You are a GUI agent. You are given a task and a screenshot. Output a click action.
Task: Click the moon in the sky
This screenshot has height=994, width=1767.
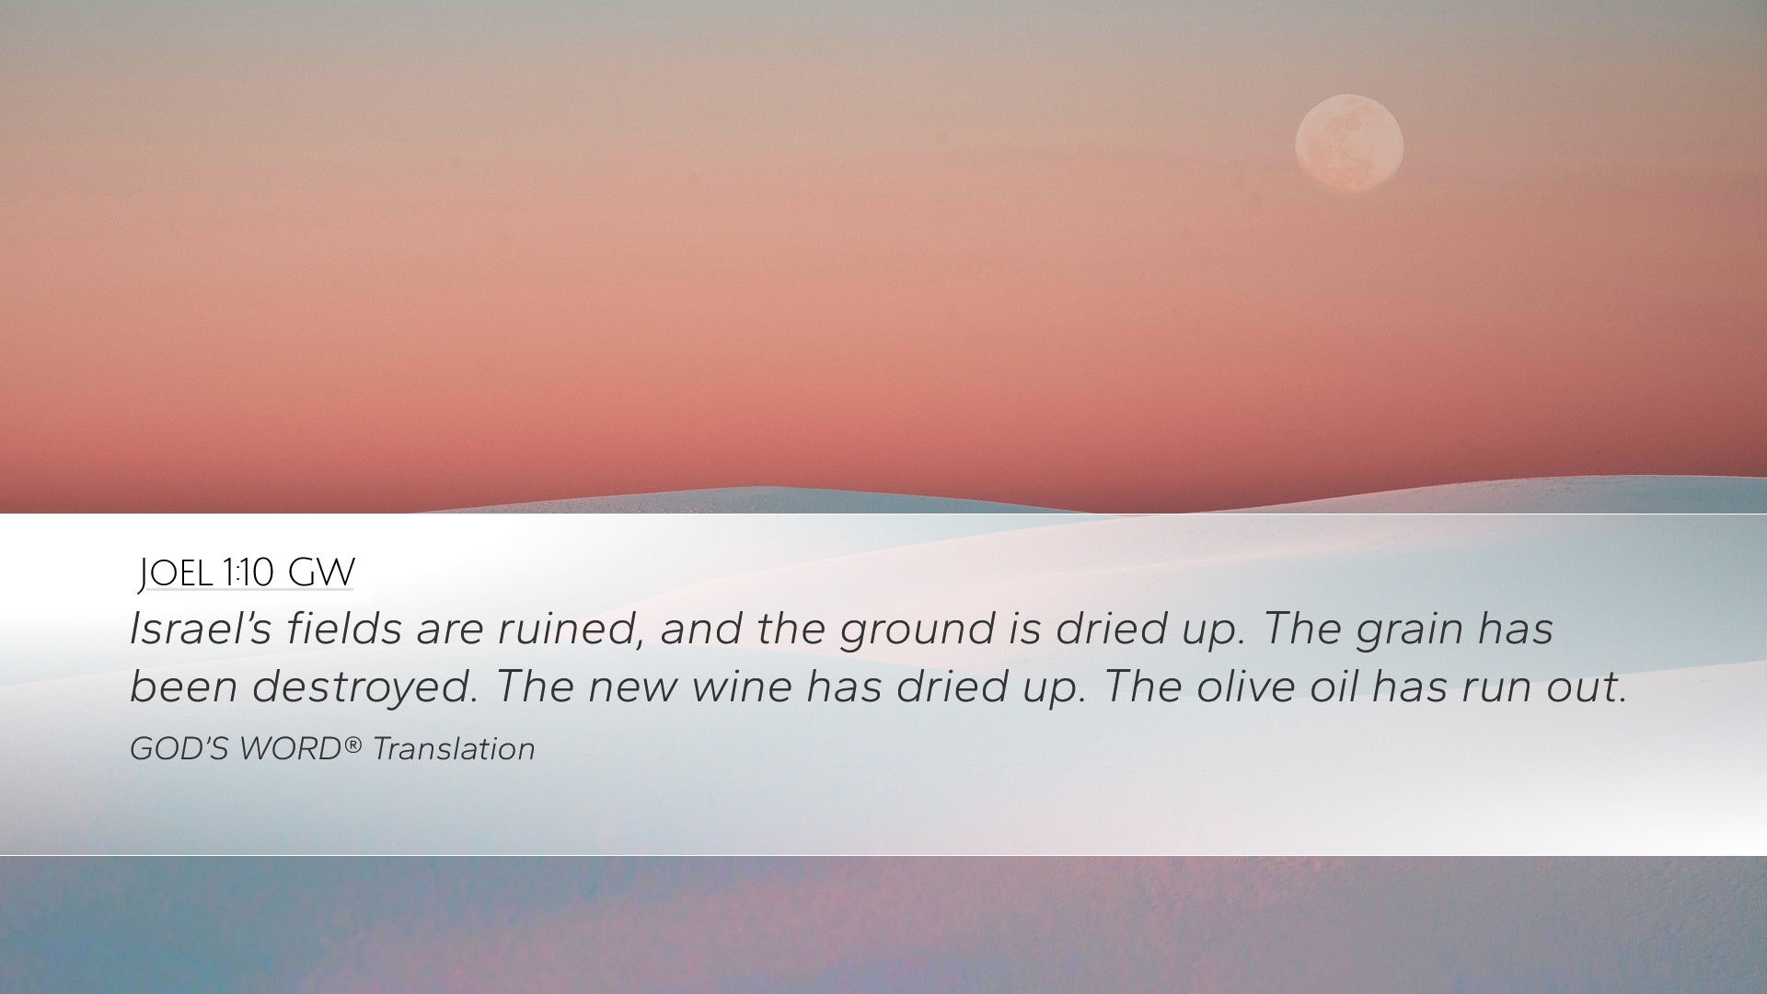pos(1349,144)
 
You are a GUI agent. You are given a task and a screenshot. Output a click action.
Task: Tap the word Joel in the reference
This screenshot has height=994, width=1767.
pos(176,573)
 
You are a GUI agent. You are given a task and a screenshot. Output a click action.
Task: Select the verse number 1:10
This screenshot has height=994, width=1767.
pos(248,573)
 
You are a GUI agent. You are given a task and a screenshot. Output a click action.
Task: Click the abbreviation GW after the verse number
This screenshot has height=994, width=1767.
pos(321,573)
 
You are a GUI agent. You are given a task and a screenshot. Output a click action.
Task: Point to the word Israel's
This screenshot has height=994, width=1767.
pos(201,629)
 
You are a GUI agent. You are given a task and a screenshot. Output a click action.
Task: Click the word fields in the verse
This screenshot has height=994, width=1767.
pos(344,629)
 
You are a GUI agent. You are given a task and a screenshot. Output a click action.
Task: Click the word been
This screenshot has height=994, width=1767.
pos(184,687)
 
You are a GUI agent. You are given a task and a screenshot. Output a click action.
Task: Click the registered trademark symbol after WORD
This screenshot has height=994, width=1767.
pos(353,744)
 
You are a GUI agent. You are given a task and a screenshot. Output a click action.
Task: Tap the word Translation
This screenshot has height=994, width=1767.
pos(454,749)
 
